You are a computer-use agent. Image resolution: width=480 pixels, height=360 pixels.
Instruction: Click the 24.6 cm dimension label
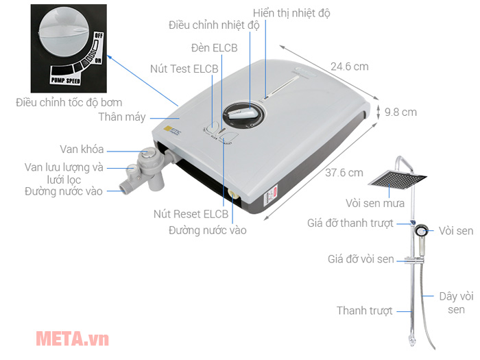(x=349, y=67)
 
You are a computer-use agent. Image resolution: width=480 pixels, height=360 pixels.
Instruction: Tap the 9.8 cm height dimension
(x=400, y=112)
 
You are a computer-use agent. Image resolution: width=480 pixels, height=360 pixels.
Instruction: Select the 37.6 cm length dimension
(x=344, y=173)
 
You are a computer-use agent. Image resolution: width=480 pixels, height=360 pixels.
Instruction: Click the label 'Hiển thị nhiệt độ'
(x=291, y=13)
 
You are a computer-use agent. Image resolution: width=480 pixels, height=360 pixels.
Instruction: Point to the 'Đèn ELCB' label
(x=214, y=48)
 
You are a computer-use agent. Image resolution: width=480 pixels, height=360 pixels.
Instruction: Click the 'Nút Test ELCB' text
(x=184, y=69)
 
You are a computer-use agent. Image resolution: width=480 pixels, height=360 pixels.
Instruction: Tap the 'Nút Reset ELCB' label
(x=191, y=214)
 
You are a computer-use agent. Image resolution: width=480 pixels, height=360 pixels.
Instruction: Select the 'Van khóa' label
(x=82, y=149)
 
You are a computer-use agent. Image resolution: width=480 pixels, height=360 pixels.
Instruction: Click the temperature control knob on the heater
(x=243, y=115)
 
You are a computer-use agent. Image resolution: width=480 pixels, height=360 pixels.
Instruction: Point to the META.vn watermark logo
(x=72, y=339)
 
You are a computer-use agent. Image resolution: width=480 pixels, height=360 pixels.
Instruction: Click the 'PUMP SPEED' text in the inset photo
(x=66, y=80)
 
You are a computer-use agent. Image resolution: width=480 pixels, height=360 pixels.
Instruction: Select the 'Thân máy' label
(x=122, y=117)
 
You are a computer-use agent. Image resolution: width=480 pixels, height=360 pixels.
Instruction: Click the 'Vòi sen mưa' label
(x=375, y=203)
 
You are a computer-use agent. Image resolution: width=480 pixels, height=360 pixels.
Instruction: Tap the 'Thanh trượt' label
(x=365, y=311)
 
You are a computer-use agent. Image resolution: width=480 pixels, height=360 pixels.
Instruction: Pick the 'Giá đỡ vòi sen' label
(x=361, y=259)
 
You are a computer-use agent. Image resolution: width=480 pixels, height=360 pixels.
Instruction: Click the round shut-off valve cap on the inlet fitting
(x=147, y=153)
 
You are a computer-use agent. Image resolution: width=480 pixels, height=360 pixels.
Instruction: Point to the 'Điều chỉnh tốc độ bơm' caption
(x=69, y=103)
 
